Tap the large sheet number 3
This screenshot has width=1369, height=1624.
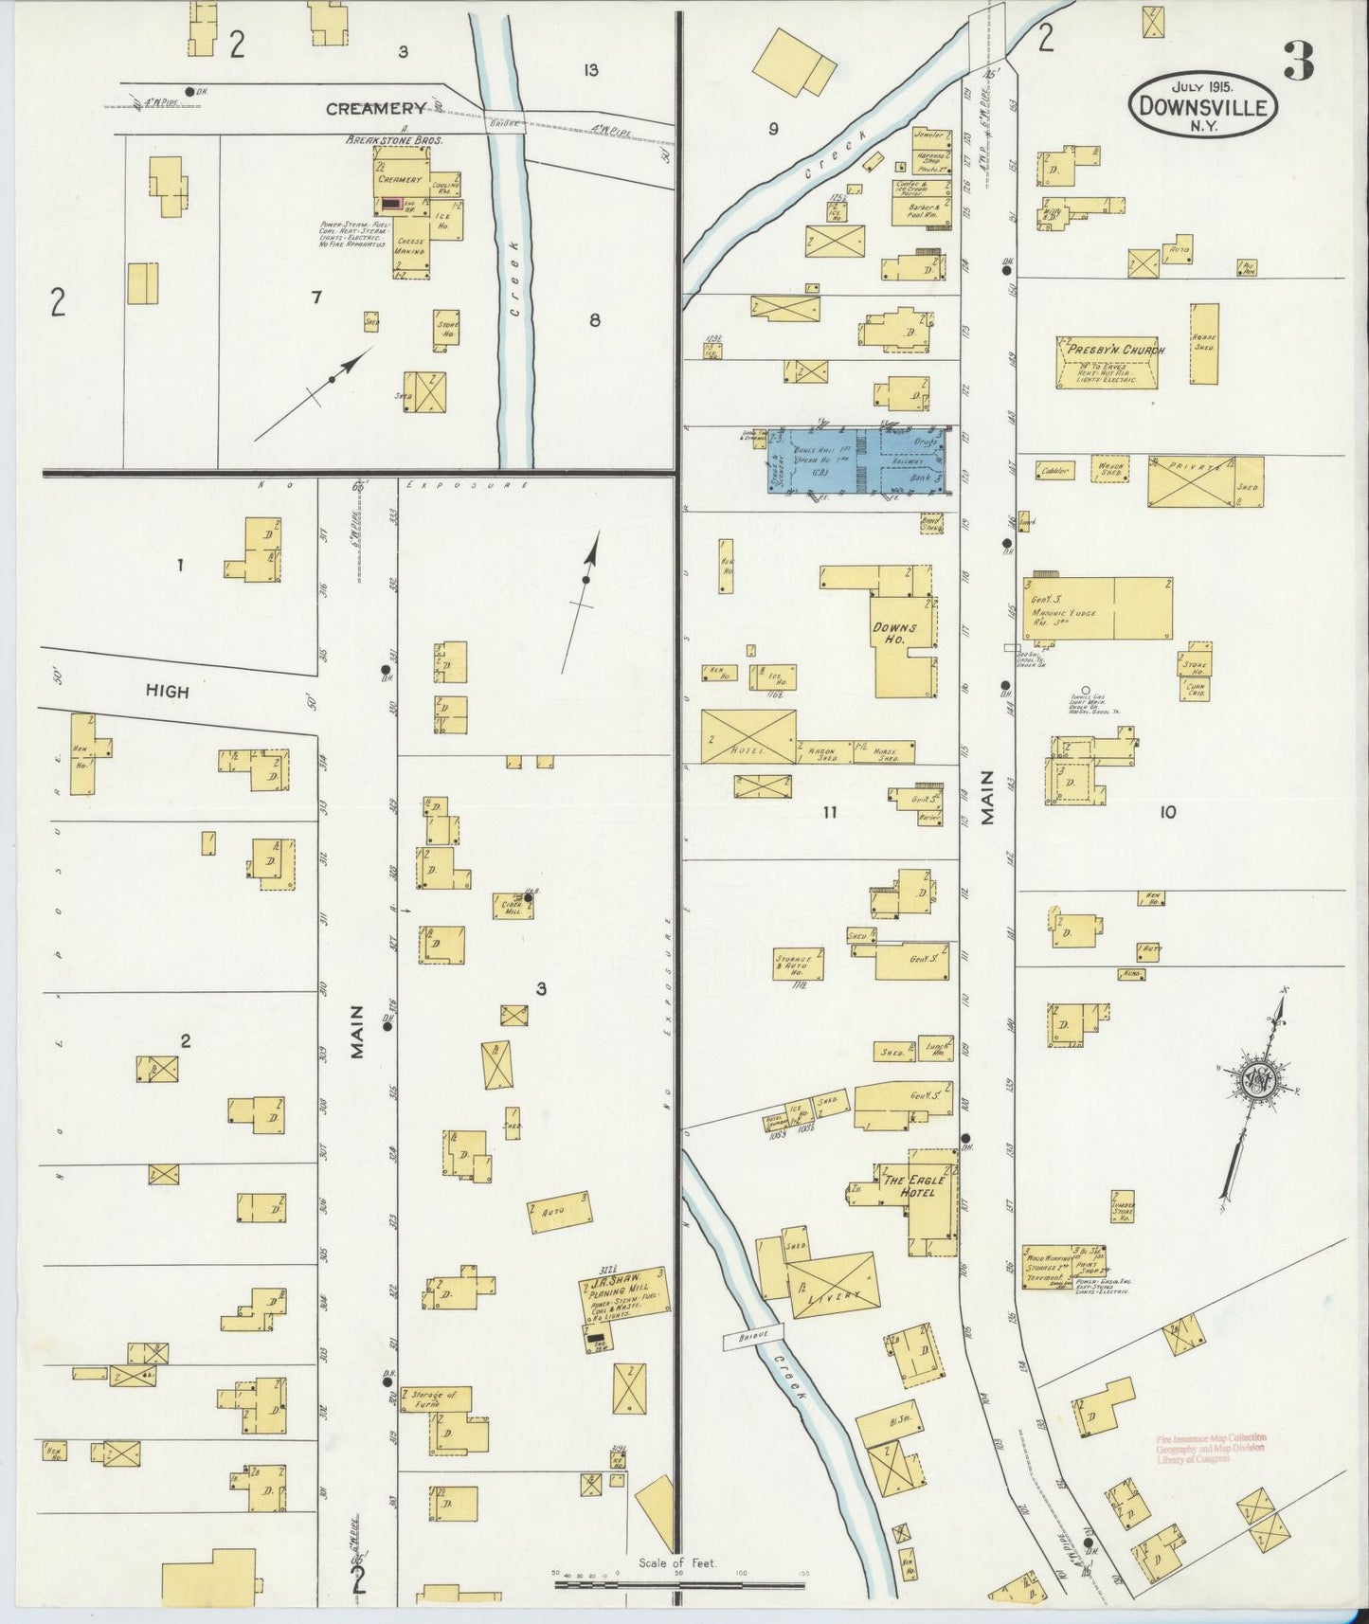(1298, 63)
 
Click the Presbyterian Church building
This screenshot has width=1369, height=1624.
(1107, 361)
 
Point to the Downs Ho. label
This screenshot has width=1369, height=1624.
(892, 634)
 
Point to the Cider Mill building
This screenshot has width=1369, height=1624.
(512, 905)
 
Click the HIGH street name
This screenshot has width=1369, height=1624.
(167, 692)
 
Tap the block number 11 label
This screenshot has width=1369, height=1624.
(830, 811)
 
